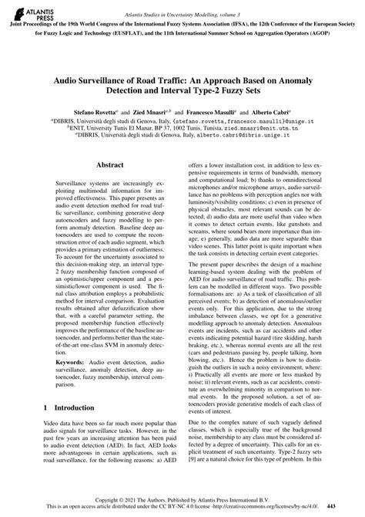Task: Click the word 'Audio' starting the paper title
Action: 68,79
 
